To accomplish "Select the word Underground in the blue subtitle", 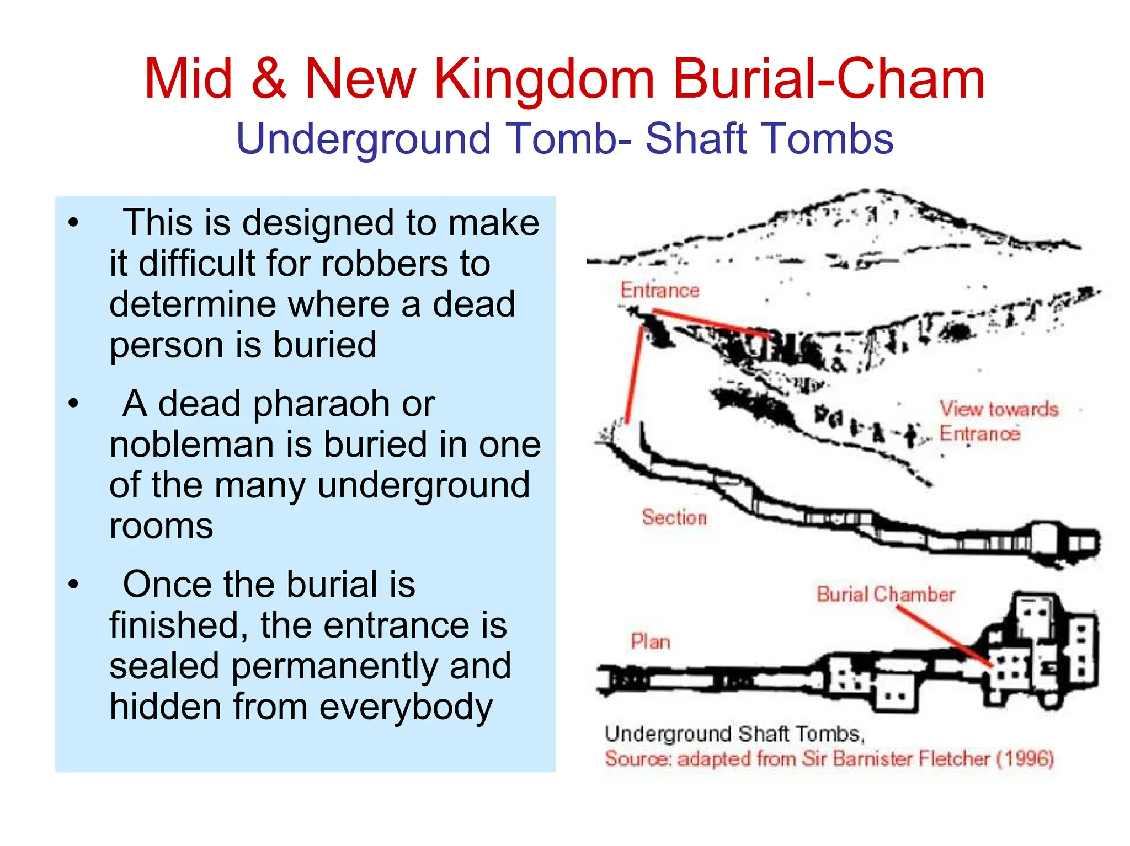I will tap(364, 139).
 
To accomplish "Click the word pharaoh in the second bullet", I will tap(344, 404).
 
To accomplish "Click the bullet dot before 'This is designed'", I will tap(74, 223).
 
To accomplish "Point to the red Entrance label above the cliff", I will tap(659, 290).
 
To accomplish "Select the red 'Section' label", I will tap(674, 517).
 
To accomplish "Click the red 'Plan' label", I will tap(651, 642).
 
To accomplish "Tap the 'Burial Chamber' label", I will tap(886, 594).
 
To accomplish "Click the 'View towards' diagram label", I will tap(999, 409).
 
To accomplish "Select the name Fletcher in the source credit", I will tap(954, 759).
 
